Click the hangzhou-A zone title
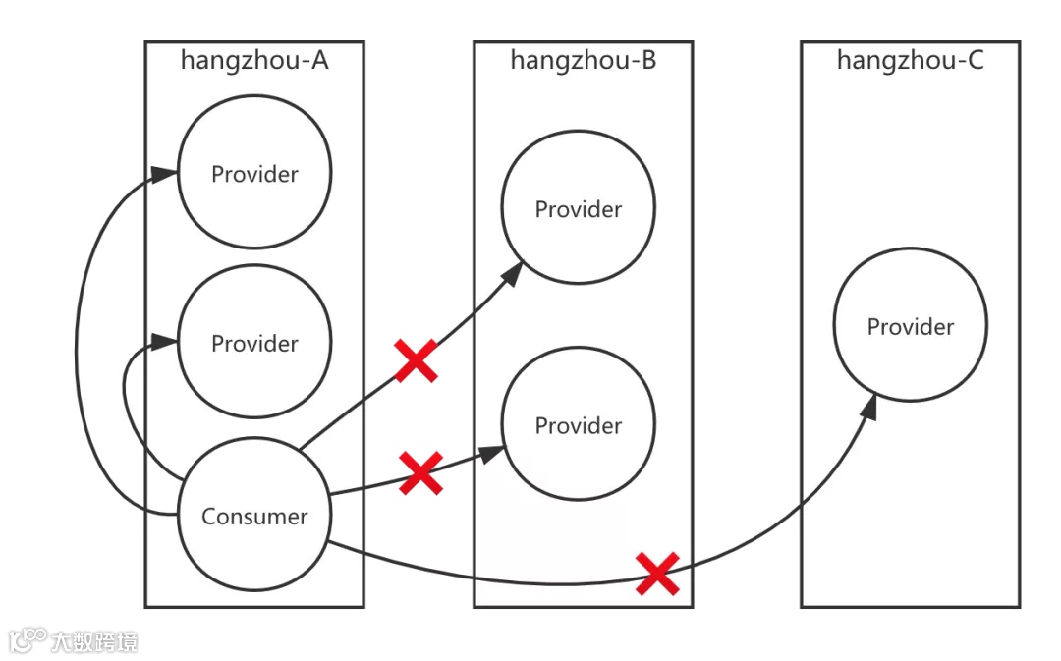click(x=254, y=61)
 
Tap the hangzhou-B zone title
click(x=583, y=61)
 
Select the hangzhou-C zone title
click(x=910, y=61)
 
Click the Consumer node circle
click(x=254, y=516)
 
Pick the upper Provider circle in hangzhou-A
click(x=254, y=174)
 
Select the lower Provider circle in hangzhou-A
click(x=254, y=343)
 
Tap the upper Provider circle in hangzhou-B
click(x=579, y=209)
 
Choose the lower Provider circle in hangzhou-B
click(x=579, y=425)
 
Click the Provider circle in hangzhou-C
click(x=911, y=326)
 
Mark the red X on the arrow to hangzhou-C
click(x=657, y=574)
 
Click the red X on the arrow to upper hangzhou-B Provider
click(x=417, y=360)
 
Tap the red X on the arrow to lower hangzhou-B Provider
click(x=420, y=473)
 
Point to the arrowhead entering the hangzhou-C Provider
click(x=870, y=405)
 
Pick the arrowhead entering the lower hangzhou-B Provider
click(x=493, y=454)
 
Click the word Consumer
click(x=254, y=516)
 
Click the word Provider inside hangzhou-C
click(x=911, y=326)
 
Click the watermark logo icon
click(x=28, y=641)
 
